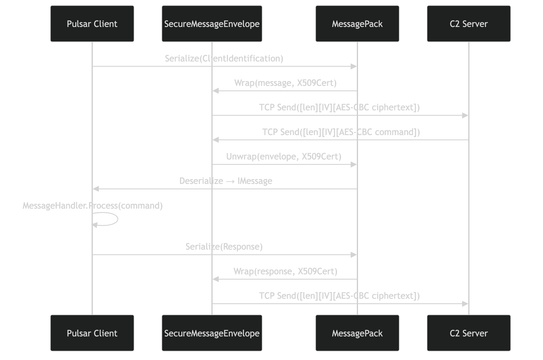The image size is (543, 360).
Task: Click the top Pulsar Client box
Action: pyautogui.click(x=92, y=24)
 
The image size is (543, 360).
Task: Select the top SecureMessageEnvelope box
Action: pyautogui.click(x=212, y=24)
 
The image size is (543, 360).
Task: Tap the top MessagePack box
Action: pyautogui.click(x=357, y=24)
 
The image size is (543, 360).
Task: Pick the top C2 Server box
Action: pyautogui.click(x=469, y=24)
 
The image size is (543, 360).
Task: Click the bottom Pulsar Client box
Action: pyautogui.click(x=92, y=333)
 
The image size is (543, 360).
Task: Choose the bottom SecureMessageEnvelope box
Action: pyautogui.click(x=212, y=333)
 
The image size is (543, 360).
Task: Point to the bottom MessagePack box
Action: pyautogui.click(x=357, y=333)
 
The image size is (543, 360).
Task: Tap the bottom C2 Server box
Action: pyautogui.click(x=469, y=333)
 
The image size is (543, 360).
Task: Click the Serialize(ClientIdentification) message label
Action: pyautogui.click(x=224, y=58)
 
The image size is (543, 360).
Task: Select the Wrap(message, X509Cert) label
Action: pyautogui.click(x=285, y=83)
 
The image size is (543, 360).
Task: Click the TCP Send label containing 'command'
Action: pyautogui.click(x=341, y=132)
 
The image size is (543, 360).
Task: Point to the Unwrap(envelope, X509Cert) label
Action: pyautogui.click(x=284, y=156)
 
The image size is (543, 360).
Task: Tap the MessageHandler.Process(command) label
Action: pyautogui.click(x=93, y=206)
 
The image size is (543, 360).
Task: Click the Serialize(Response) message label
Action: pyautogui.click(x=224, y=247)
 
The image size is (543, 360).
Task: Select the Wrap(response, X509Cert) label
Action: pyautogui.click(x=285, y=271)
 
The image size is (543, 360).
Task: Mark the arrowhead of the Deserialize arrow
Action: pyautogui.click(x=96, y=189)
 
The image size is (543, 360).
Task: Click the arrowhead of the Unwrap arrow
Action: pyautogui.click(x=354, y=165)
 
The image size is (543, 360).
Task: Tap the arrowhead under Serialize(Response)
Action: pyautogui.click(x=354, y=255)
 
